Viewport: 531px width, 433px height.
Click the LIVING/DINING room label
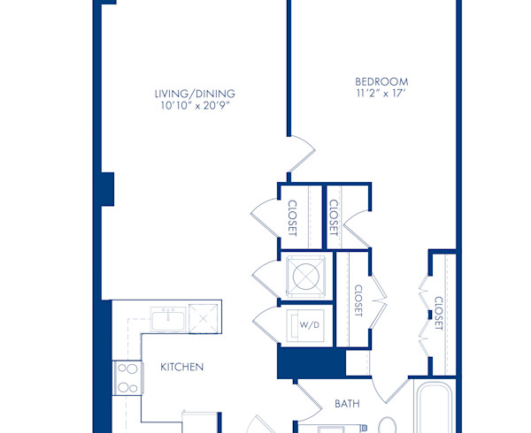[195, 94]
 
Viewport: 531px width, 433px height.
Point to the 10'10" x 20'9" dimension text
[195, 106]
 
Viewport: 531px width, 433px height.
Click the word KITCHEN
[182, 367]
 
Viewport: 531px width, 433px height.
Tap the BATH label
[347, 404]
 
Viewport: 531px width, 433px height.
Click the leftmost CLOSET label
[292, 217]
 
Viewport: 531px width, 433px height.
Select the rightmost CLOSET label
[438, 313]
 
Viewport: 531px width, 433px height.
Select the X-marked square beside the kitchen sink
[204, 316]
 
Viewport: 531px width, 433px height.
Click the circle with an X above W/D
[305, 276]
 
